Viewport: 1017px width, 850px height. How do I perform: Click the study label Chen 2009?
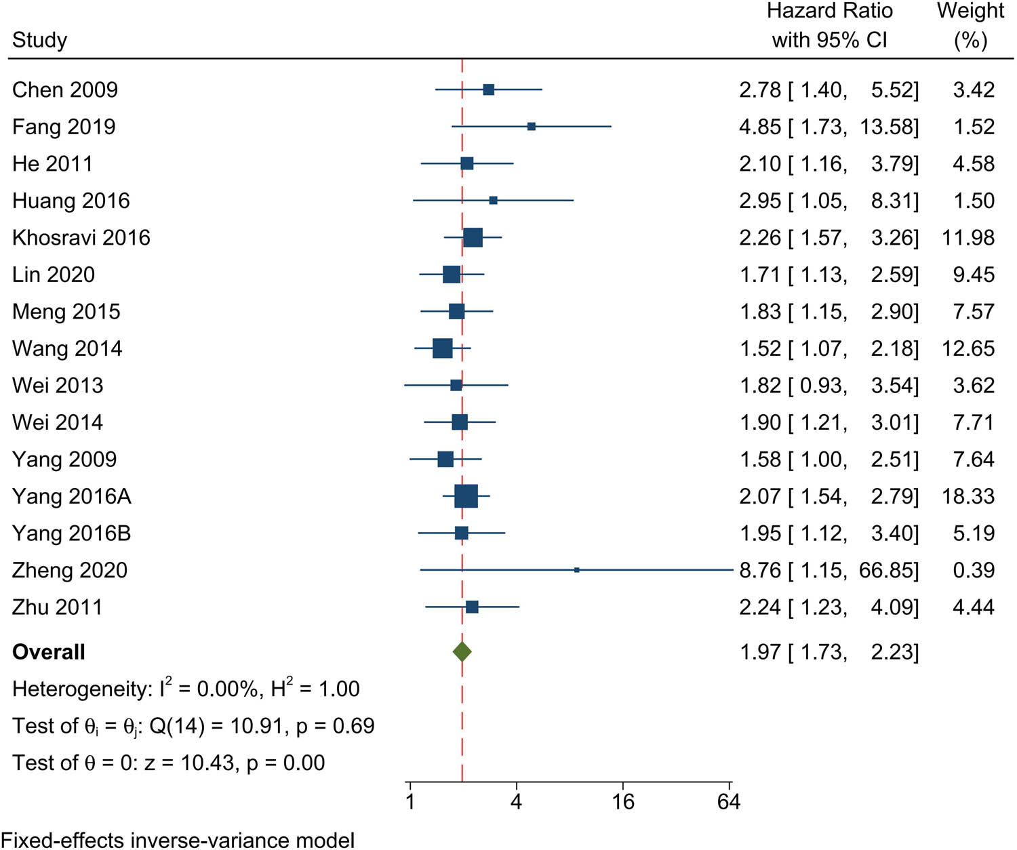click(65, 89)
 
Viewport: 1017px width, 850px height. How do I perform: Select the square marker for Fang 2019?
click(532, 127)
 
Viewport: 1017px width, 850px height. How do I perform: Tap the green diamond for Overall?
click(462, 652)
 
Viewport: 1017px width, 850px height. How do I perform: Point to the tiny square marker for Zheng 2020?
click(577, 570)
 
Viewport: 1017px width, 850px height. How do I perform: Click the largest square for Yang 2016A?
click(466, 496)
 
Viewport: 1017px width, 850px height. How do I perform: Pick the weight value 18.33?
click(968, 496)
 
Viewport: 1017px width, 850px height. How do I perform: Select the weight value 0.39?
click(974, 570)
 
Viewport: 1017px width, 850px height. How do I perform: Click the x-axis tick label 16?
click(623, 803)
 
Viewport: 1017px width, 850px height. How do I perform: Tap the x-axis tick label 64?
click(729, 803)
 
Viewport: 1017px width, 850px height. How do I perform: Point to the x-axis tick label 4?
click(517, 803)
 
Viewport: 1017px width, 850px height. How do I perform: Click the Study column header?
click(40, 40)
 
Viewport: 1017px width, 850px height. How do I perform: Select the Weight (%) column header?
click(970, 25)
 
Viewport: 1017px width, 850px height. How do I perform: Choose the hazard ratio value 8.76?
click(760, 570)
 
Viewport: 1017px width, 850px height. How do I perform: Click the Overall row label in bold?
click(49, 652)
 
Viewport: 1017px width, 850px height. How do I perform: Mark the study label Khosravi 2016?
click(81, 238)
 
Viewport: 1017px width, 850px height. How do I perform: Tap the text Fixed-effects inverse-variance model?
click(178, 841)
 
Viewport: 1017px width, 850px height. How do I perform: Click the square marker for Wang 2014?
click(443, 348)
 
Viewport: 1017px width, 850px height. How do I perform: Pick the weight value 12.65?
click(968, 348)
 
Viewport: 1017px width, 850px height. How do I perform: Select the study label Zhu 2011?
click(58, 607)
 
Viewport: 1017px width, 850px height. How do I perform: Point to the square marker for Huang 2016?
click(494, 201)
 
